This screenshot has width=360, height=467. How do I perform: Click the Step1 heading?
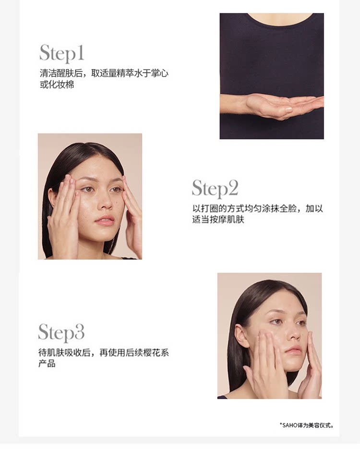point(62,54)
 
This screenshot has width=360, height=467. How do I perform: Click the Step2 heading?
point(215,189)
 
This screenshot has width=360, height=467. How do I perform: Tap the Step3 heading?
point(61,333)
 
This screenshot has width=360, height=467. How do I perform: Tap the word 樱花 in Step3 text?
point(152,353)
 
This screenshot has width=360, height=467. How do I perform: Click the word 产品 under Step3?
point(47,364)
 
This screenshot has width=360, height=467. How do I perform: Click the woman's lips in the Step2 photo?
point(105,220)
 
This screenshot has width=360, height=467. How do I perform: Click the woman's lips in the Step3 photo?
point(293,350)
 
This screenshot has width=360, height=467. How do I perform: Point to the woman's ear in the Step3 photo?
point(240,335)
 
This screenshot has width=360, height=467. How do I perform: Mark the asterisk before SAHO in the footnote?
point(280,424)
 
